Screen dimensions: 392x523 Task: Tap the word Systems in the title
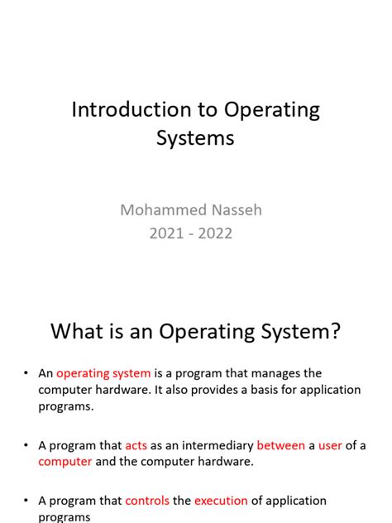[x=195, y=137]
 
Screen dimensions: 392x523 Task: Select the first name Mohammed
[x=158, y=209]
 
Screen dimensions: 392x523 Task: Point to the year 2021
[x=166, y=233]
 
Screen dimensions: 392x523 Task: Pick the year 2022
[x=215, y=233]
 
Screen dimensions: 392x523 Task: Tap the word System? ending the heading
[x=300, y=332]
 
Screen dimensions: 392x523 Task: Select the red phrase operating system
[x=103, y=373]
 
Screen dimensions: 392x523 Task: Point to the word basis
[x=257, y=390]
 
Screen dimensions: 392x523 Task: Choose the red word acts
[x=136, y=445]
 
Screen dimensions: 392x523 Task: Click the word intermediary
[x=214, y=445]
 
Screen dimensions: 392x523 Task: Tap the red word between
[x=280, y=445]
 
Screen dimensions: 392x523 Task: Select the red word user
[x=330, y=445]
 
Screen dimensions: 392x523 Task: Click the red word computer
[x=65, y=462]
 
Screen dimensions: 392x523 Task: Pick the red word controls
[x=146, y=501]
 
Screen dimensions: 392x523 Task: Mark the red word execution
[x=221, y=501]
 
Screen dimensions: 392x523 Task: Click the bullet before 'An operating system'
[x=27, y=374]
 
